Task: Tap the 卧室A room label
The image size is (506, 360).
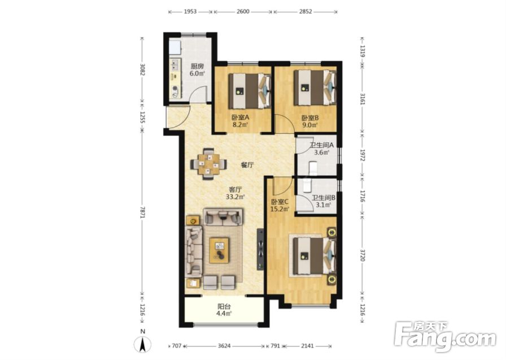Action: tap(240, 118)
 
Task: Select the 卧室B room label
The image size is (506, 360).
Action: tap(310, 118)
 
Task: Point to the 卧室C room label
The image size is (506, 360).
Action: tap(280, 202)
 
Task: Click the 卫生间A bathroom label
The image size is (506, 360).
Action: tap(321, 145)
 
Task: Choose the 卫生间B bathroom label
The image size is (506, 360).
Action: tap(324, 197)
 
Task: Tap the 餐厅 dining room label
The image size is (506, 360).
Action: tap(247, 166)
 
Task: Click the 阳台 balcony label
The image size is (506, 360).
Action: tap(224, 306)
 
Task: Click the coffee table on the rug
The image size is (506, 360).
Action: tap(219, 250)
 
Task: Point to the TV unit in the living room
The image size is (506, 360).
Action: tap(260, 249)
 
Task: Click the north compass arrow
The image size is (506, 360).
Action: tap(143, 344)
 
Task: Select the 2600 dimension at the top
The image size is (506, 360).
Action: tap(243, 12)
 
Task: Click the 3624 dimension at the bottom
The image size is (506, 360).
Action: tap(224, 346)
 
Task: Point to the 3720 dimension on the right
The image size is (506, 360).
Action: tap(362, 255)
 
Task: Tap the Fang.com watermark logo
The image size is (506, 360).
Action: tap(446, 336)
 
